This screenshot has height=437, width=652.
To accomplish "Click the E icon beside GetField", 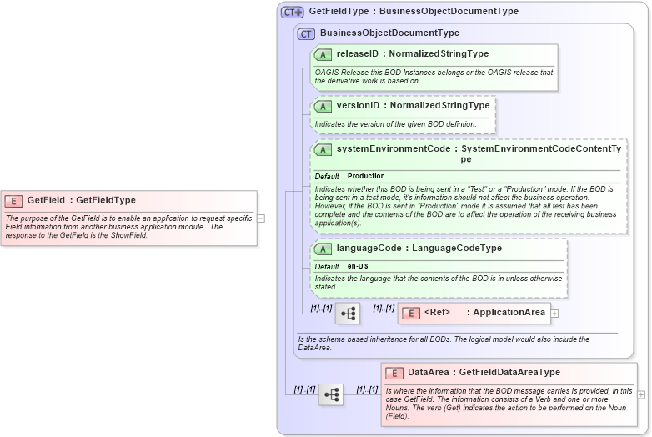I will point(13,201).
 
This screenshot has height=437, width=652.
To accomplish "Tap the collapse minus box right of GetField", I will point(261,218).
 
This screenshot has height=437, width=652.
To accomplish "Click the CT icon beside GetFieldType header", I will point(292,12).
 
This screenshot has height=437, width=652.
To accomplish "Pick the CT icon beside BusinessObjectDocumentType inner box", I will point(306,33).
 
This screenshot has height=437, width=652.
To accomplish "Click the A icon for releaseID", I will point(323,54).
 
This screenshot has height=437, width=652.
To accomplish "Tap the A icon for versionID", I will point(323,107).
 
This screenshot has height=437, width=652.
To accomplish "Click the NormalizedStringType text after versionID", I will point(439,106).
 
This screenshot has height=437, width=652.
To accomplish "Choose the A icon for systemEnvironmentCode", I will point(323,150).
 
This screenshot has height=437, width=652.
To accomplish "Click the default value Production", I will point(366,177).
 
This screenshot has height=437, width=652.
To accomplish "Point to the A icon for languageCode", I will point(323,249).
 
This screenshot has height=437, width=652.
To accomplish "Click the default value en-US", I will point(359,266).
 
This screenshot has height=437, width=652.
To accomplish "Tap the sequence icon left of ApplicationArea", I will point(348,314).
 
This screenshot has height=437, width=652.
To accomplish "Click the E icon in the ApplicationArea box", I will point(410,314).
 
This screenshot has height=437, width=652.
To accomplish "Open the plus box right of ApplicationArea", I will point(554,314).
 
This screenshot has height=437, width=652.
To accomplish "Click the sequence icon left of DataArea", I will point(331,394).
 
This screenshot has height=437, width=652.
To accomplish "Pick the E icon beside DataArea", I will point(394,374).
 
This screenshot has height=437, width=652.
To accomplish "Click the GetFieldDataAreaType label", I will point(509,373).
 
